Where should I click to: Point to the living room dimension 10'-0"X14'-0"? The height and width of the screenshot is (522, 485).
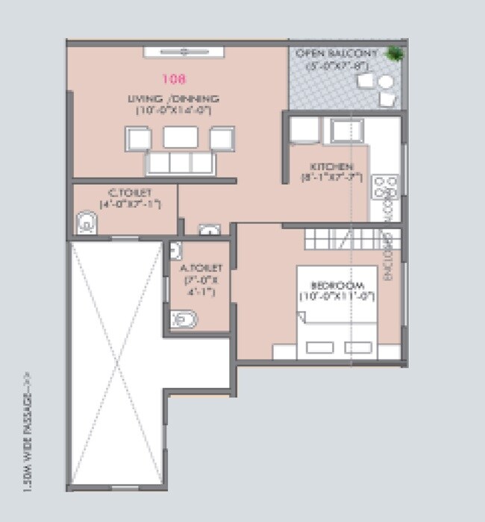[175, 110]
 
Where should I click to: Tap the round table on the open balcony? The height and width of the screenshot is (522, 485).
[386, 82]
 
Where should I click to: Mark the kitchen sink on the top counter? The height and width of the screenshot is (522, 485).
[347, 130]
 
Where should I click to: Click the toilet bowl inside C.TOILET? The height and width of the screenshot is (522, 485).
[86, 223]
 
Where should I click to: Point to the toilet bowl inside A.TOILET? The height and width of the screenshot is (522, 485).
[184, 320]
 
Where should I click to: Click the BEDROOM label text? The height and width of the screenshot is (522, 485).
[337, 286]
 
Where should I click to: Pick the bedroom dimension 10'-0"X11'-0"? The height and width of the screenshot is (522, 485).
[337, 297]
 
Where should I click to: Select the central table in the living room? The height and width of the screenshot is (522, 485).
[181, 137]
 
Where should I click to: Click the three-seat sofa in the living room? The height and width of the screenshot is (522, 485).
[181, 163]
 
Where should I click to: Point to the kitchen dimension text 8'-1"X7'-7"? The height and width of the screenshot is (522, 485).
[331, 178]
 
